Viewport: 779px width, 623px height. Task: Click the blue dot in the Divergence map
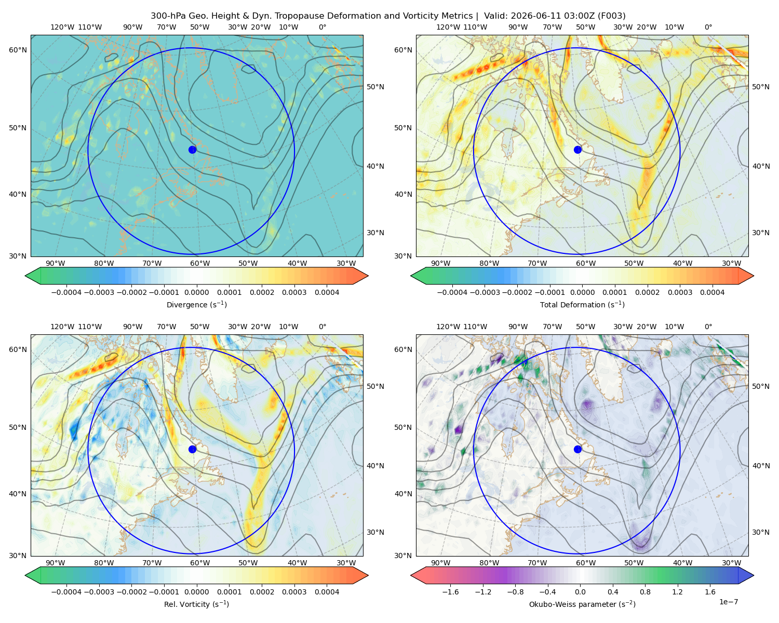click(192, 150)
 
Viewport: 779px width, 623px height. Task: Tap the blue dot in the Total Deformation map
click(577, 150)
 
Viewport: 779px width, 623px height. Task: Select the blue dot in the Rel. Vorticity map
click(192, 449)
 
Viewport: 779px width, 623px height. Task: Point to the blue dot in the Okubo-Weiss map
click(577, 449)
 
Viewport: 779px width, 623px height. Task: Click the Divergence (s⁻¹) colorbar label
click(196, 305)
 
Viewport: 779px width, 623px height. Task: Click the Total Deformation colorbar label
click(582, 305)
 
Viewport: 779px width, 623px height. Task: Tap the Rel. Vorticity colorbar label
click(196, 604)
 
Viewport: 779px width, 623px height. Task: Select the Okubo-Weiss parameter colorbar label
click(582, 604)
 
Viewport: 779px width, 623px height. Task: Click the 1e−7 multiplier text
click(728, 602)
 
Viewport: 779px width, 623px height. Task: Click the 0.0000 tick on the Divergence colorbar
click(196, 292)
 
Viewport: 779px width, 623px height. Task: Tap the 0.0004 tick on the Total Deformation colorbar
click(713, 292)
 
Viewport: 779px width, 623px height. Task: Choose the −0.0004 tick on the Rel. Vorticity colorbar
click(66, 592)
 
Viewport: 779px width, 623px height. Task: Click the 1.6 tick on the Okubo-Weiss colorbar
click(710, 592)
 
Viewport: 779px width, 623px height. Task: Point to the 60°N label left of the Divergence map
click(18, 50)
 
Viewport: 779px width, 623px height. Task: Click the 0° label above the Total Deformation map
click(708, 27)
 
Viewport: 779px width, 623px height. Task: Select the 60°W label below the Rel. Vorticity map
click(200, 563)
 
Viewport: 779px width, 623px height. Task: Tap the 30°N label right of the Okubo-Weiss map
click(761, 532)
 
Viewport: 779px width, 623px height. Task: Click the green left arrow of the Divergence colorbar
click(33, 276)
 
